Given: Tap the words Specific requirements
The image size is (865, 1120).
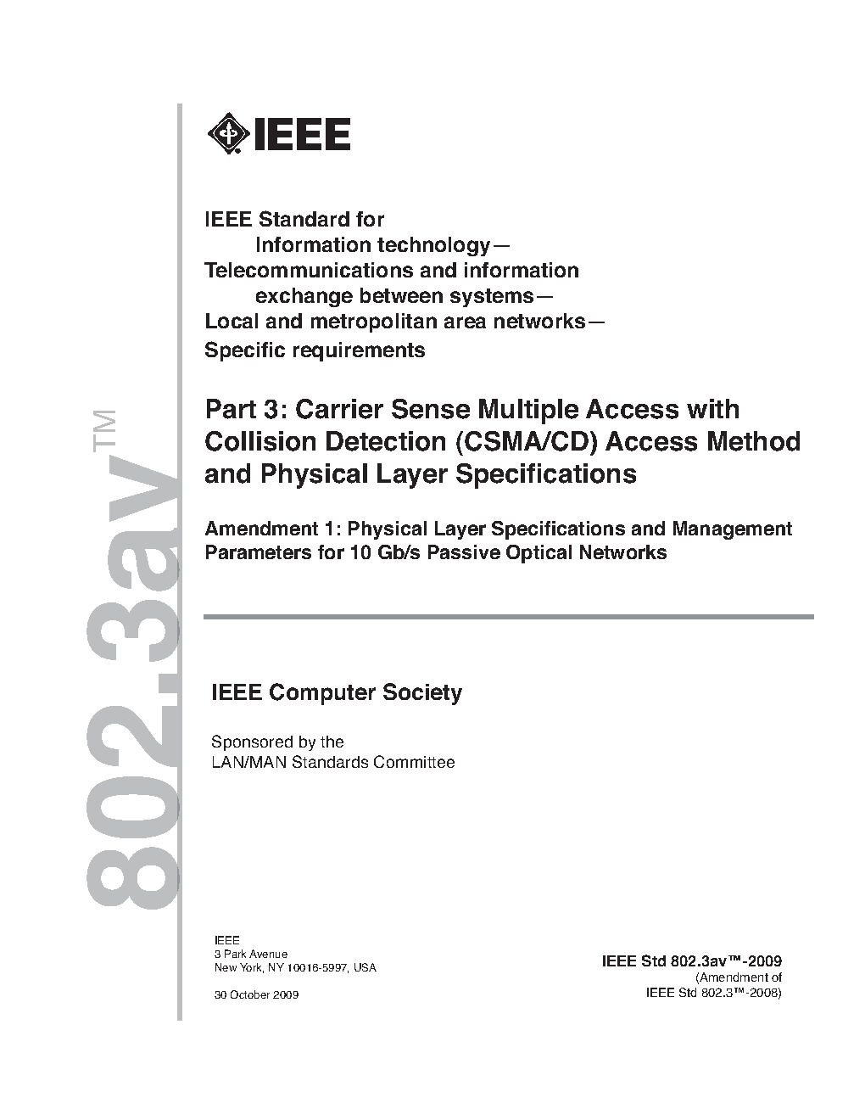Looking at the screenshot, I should tap(315, 350).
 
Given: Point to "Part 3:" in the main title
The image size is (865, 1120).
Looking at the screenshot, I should tap(247, 410).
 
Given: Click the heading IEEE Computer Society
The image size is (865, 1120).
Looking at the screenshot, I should tap(337, 692).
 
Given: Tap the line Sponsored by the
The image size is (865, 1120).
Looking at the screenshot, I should tap(277, 742).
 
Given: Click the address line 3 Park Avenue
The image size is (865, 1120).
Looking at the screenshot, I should tap(251, 955).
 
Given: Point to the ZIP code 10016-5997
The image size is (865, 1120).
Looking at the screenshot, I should tap(315, 968).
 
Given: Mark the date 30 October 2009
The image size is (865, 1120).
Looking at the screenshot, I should tap(256, 994).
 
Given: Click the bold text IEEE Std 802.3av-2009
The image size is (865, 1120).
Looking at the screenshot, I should tap(691, 961).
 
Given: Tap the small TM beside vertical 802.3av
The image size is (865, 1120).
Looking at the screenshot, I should tap(104, 431).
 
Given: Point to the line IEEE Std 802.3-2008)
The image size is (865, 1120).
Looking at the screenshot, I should tap(713, 992).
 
